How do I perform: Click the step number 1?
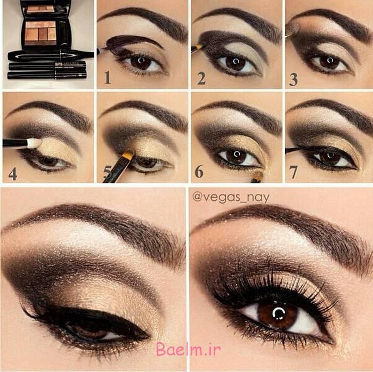[107, 78]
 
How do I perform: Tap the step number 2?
[201, 78]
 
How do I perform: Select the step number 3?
[294, 79]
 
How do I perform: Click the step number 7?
[294, 172]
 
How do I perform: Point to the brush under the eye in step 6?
[257, 175]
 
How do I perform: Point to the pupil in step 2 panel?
[235, 61]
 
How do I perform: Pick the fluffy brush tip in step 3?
[292, 29]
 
